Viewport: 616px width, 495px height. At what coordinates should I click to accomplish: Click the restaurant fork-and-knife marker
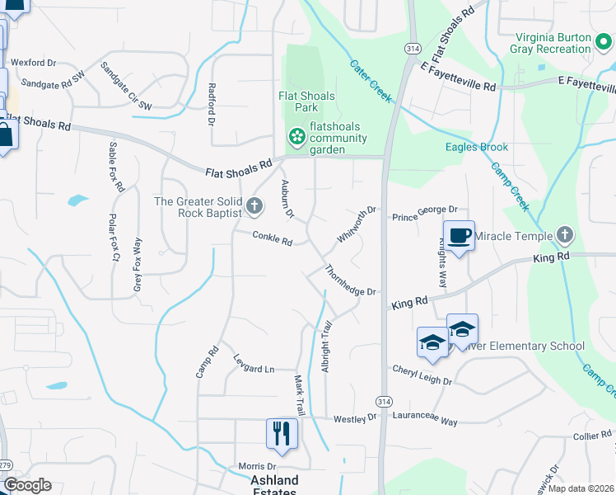(282, 433)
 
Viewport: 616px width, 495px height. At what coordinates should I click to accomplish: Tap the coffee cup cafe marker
(460, 236)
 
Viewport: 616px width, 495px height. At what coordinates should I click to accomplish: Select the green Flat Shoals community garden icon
(295, 135)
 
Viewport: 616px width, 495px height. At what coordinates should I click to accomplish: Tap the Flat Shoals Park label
(306, 101)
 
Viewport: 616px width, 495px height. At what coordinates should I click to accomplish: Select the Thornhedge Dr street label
(350, 281)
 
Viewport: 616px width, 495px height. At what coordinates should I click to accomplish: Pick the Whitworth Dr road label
(356, 224)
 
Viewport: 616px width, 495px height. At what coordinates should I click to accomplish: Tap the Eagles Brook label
(477, 148)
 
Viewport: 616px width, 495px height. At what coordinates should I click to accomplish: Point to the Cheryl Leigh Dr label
(422, 375)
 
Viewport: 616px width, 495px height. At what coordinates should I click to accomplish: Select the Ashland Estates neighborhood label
(275, 486)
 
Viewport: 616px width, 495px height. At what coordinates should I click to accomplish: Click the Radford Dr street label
(212, 104)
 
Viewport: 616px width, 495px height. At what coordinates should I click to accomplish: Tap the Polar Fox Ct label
(113, 238)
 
